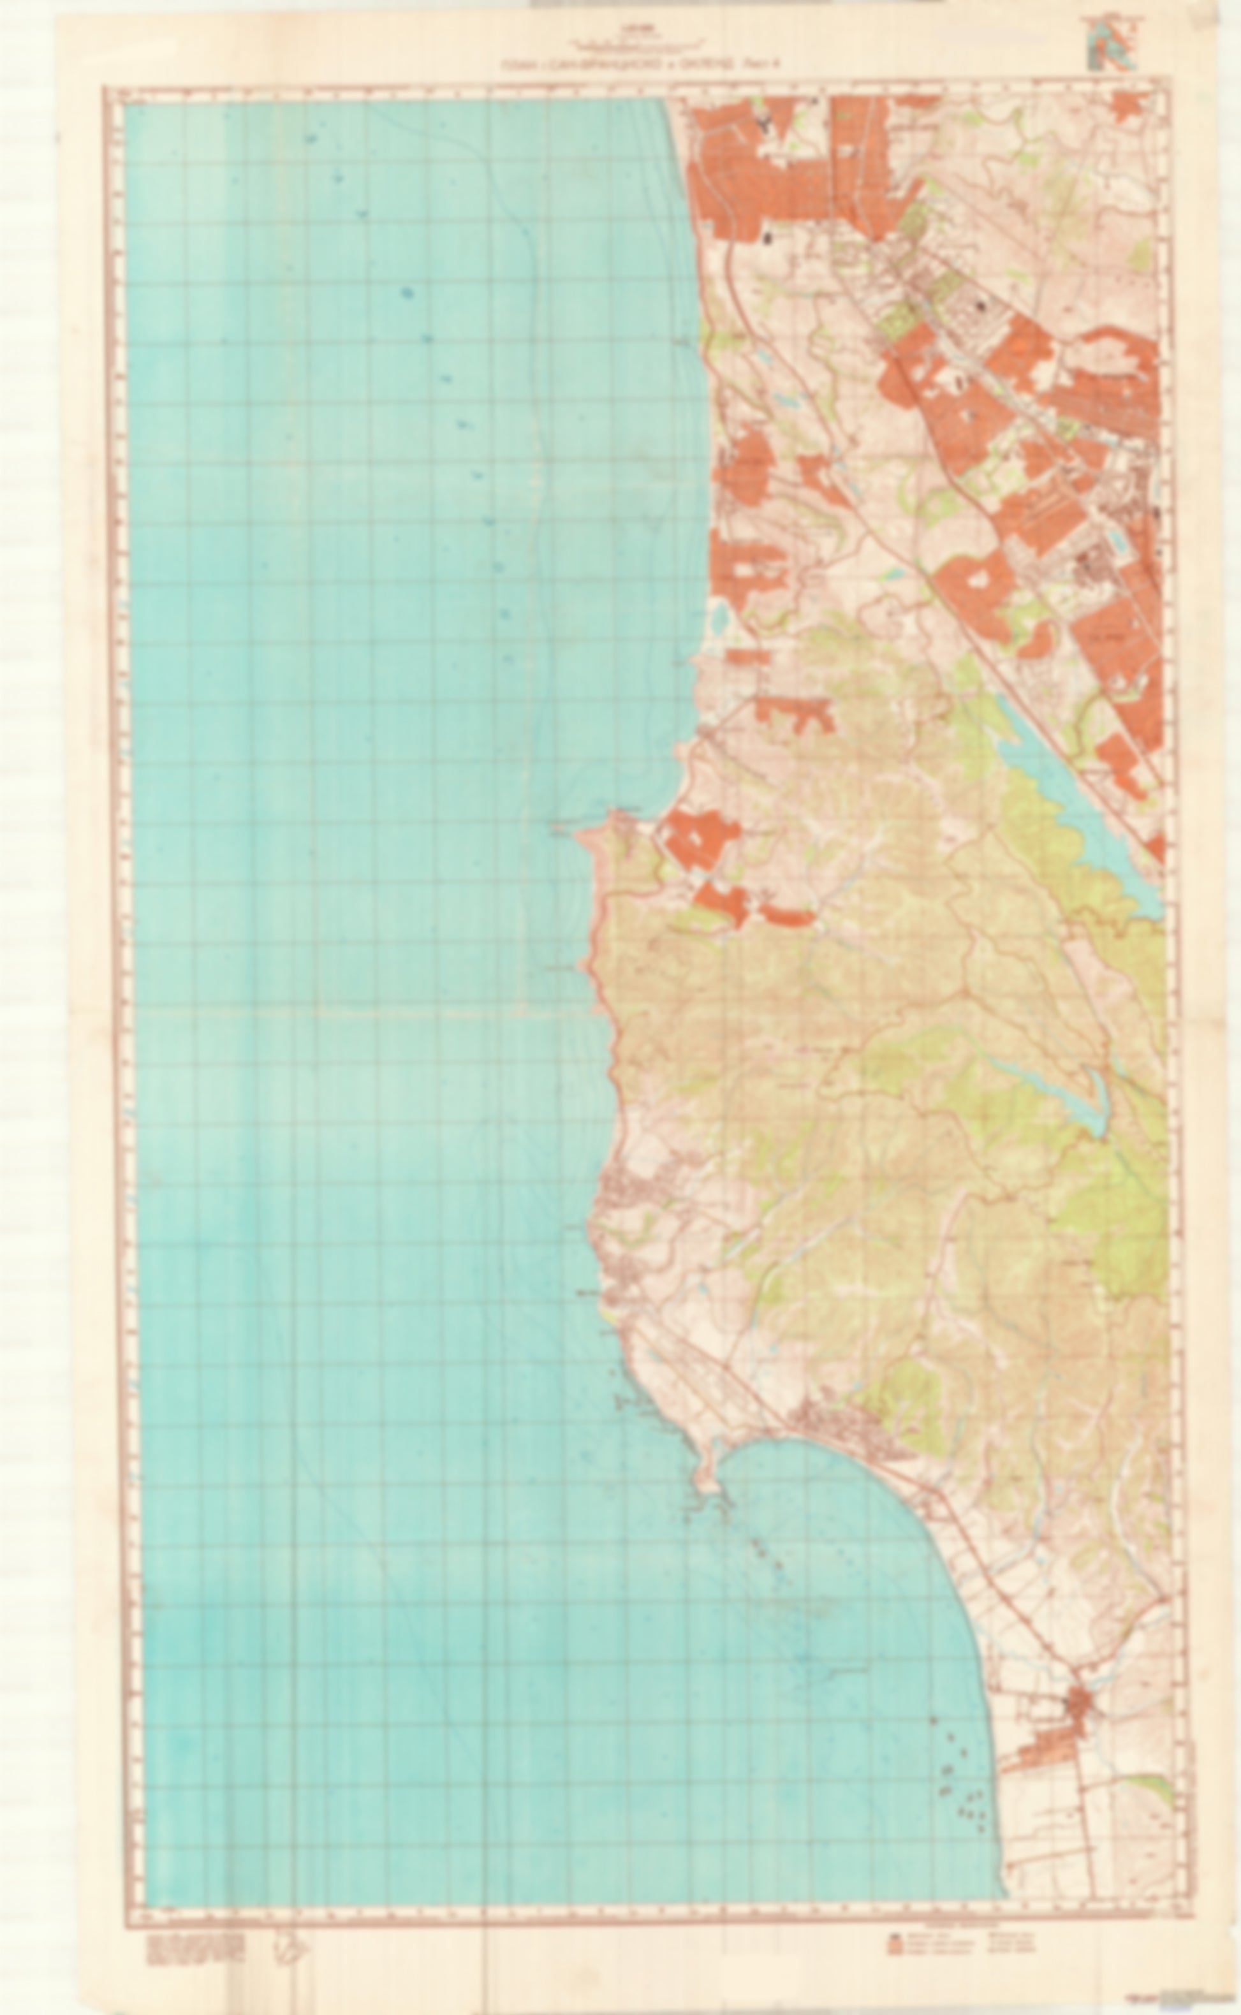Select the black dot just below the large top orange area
click(768, 238)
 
